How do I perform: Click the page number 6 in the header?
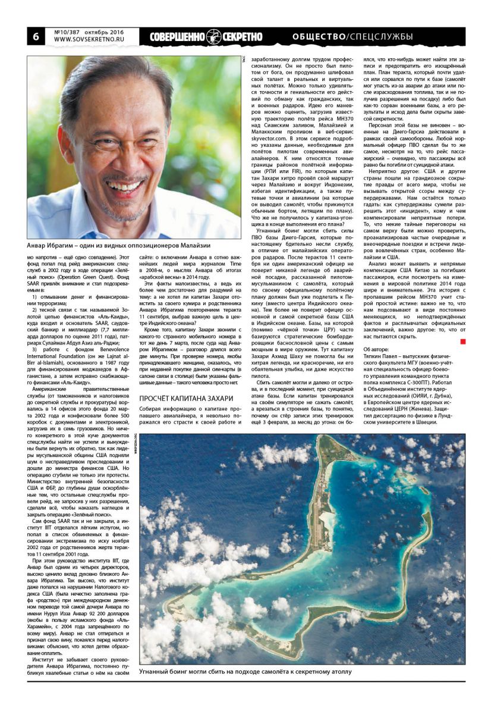click(x=35, y=36)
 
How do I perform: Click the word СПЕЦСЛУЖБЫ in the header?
click(x=381, y=37)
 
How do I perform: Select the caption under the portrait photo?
click(x=119, y=245)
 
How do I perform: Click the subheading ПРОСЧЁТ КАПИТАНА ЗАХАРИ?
click(x=185, y=397)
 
